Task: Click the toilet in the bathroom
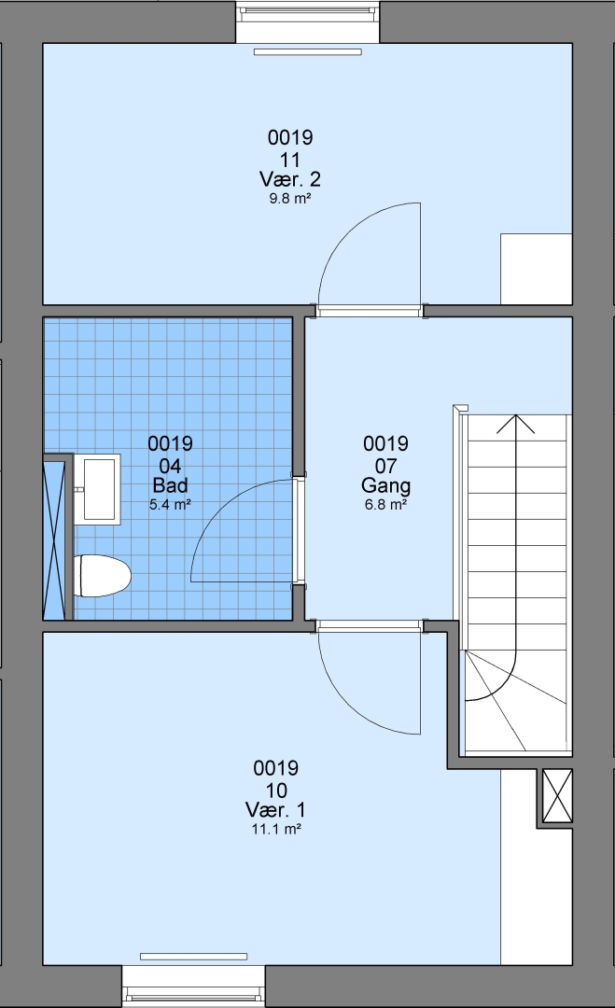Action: [x=102, y=576]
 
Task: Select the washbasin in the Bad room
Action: [x=97, y=489]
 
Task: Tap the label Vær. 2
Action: [x=290, y=178]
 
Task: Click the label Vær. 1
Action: [x=275, y=809]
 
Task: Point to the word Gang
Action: [x=385, y=486]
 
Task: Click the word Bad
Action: [x=170, y=485]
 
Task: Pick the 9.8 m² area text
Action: [x=290, y=199]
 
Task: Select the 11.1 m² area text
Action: [x=276, y=830]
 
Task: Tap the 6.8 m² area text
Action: [x=385, y=505]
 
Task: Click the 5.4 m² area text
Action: [x=170, y=505]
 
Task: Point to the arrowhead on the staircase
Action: [x=515, y=424]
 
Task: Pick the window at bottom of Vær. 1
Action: [x=193, y=987]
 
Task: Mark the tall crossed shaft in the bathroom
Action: [x=54, y=538]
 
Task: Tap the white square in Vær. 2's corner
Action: [x=536, y=269]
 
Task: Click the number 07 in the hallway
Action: [x=385, y=466]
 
